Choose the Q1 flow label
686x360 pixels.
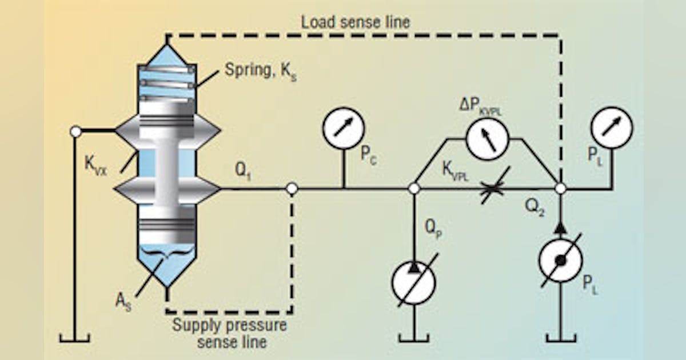245,172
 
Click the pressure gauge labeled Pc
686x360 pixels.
342,127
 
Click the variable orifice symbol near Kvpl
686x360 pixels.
492,189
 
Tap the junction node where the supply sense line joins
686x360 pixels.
292,189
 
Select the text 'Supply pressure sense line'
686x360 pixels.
229,335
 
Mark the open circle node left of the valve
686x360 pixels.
75,131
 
